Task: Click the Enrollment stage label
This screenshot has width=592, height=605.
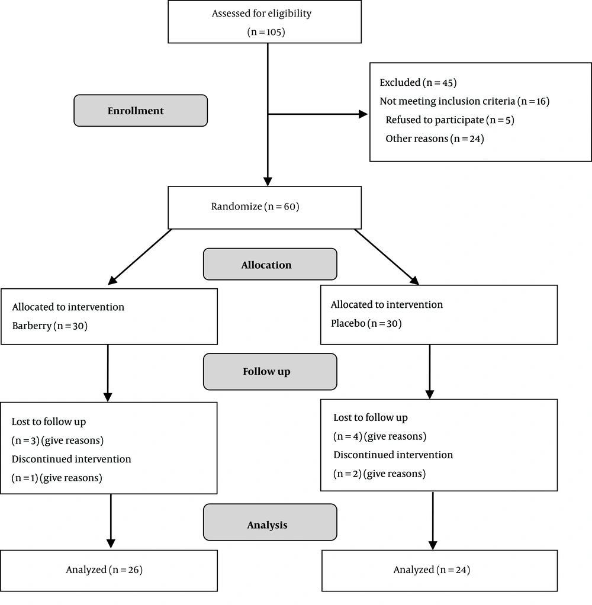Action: point(136,111)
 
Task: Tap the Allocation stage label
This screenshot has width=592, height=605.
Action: point(266,265)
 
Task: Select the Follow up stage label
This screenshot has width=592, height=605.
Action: point(266,372)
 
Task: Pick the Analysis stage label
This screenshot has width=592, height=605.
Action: point(267,524)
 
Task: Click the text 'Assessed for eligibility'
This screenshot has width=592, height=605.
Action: point(262,14)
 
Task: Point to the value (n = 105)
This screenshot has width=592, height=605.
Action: point(266,32)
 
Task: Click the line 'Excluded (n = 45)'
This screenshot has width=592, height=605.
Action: point(418,82)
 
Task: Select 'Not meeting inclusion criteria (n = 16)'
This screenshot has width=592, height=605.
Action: point(465,101)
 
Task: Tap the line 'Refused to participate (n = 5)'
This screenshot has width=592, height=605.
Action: point(450,120)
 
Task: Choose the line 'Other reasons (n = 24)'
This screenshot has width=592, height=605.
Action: point(435,139)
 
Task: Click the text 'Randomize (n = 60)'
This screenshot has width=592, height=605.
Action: point(255,207)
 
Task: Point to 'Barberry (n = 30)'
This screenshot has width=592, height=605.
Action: point(50,326)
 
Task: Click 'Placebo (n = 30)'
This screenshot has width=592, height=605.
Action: point(366,323)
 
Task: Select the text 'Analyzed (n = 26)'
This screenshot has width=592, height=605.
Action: point(104,570)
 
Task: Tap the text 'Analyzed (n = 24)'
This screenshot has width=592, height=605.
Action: point(432,570)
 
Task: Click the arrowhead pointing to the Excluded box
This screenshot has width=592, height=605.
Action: point(363,114)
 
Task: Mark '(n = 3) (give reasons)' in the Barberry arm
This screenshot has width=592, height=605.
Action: point(57,440)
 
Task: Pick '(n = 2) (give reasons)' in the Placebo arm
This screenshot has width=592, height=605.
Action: point(379,474)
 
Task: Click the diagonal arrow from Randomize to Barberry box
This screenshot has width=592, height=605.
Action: point(140,257)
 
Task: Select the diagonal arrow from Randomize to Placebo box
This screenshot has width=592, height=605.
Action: point(387,257)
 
